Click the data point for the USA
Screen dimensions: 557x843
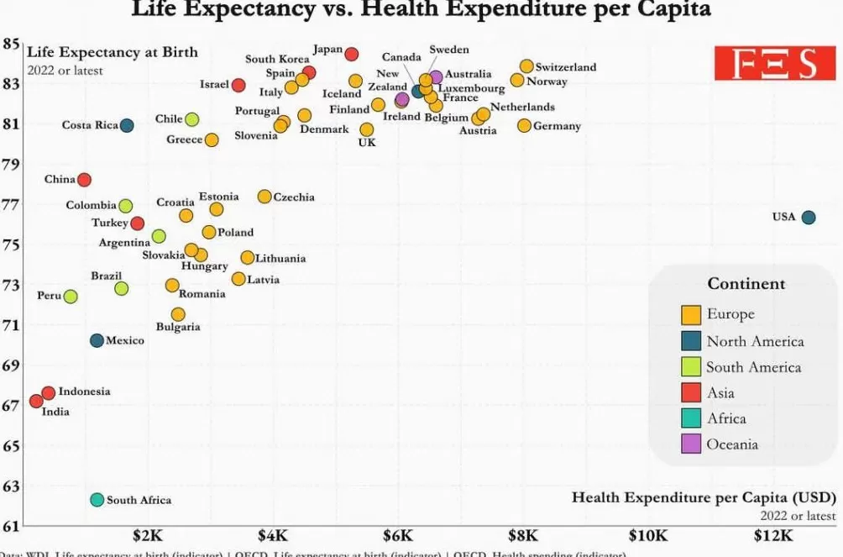[808, 218]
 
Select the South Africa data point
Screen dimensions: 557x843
[97, 500]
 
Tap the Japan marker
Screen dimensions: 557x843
[352, 54]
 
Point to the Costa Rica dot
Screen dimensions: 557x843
[127, 125]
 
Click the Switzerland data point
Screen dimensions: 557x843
[526, 66]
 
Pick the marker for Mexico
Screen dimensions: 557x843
[97, 340]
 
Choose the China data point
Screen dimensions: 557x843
[84, 180]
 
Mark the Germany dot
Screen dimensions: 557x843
[525, 125]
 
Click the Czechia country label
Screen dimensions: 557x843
[294, 197]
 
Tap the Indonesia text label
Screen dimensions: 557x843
[84, 391]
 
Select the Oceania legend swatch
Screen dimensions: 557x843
[691, 444]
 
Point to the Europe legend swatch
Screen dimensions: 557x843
[691, 314]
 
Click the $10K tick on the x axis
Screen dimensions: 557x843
[647, 535]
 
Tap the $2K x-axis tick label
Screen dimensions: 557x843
[148, 535]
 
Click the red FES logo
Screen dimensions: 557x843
[776, 64]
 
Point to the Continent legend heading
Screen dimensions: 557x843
[746, 284]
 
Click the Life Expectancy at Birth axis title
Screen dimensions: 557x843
[113, 52]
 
